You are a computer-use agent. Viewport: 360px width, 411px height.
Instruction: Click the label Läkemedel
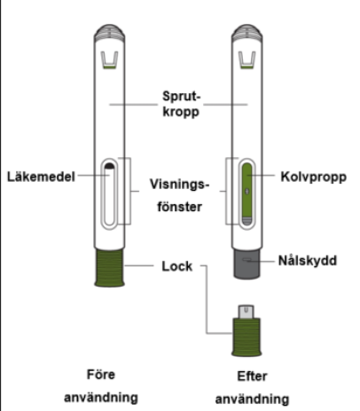click(41, 177)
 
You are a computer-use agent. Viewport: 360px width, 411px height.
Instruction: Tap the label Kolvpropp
click(314, 177)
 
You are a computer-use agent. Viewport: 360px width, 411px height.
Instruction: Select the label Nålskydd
click(308, 260)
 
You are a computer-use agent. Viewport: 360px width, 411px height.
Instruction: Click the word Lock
click(177, 266)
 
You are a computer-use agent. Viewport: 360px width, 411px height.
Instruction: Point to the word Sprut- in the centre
click(182, 97)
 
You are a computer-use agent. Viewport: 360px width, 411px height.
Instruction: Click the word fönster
click(180, 207)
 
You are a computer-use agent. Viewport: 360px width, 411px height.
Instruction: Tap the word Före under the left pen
click(101, 375)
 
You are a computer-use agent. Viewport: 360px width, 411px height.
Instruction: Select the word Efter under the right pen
click(252, 376)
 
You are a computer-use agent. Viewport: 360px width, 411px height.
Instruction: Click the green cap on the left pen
click(109, 267)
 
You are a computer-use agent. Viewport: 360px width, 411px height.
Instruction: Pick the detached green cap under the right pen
click(247, 337)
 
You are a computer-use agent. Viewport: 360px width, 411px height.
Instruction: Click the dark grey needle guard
click(247, 264)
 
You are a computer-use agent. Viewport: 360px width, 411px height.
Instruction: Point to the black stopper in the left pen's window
click(110, 166)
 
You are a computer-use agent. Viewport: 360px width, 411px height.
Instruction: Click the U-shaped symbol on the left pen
click(109, 60)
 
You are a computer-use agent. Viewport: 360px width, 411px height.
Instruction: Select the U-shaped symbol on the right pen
click(247, 60)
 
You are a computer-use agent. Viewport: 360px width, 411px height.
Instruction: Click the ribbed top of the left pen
click(109, 33)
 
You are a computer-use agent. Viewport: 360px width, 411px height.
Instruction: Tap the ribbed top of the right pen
click(247, 33)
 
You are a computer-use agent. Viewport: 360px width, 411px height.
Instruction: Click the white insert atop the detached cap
click(247, 312)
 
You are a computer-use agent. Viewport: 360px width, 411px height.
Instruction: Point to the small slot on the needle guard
click(247, 260)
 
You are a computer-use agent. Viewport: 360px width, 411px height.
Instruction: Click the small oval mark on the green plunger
click(247, 192)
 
